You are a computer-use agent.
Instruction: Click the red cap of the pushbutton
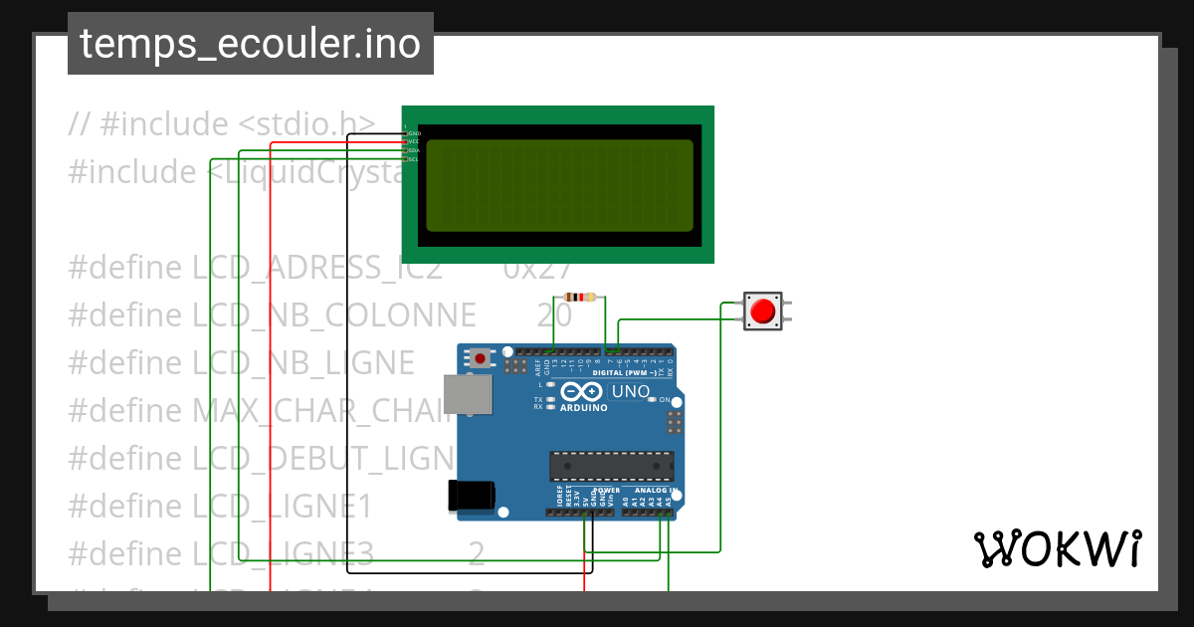tap(763, 311)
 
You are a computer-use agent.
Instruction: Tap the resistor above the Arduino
tap(580, 297)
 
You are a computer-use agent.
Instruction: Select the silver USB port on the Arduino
tap(466, 394)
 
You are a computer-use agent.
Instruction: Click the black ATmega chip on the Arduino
tap(611, 466)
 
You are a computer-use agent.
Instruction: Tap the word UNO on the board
tap(629, 391)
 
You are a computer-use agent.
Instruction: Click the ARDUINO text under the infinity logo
tap(583, 407)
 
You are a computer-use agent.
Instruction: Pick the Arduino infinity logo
tap(582, 391)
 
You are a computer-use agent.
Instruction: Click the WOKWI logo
tap(1057, 549)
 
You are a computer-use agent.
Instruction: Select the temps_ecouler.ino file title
tap(250, 44)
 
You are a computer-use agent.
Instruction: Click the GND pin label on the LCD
tap(414, 132)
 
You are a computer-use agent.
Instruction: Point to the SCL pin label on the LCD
tap(414, 159)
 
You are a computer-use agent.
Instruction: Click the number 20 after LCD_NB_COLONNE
tap(554, 315)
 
